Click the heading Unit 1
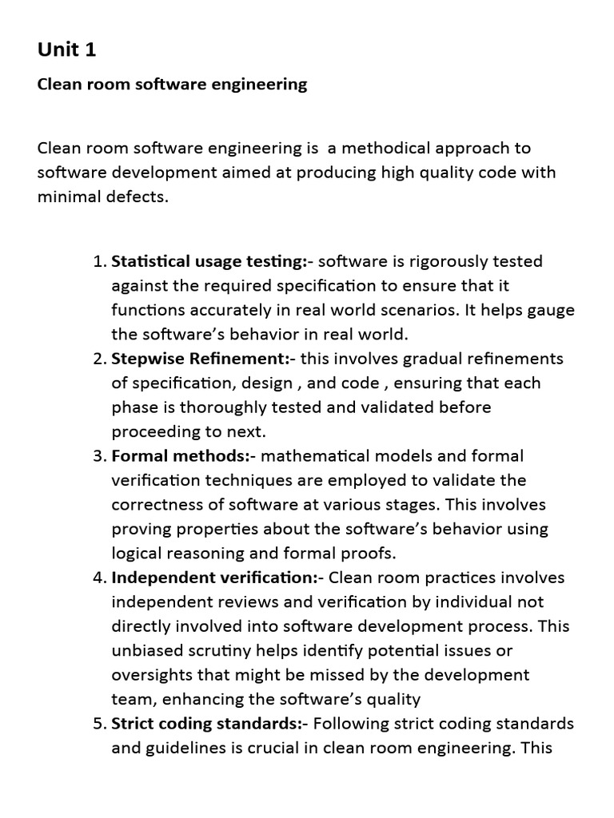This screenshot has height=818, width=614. tap(66, 50)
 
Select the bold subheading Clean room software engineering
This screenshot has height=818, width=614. tap(172, 84)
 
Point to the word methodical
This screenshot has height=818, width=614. tap(381, 149)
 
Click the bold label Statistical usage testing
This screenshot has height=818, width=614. tap(208, 261)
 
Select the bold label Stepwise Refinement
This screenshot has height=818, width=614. tap(201, 359)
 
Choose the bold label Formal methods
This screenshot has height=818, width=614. tap(183, 456)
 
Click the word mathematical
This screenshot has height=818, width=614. tap(317, 456)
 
